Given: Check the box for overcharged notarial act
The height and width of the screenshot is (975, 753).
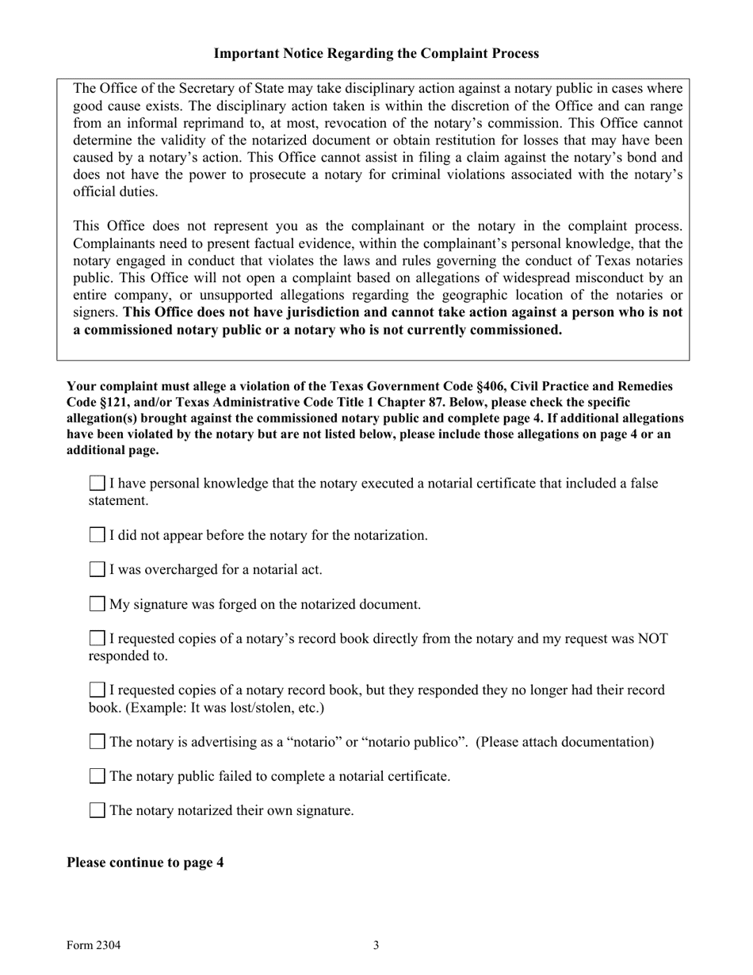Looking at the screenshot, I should click(x=97, y=569).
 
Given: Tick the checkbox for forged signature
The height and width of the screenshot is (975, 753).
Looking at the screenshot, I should click(x=97, y=604).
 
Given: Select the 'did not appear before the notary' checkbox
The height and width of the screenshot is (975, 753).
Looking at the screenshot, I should click(x=97, y=535).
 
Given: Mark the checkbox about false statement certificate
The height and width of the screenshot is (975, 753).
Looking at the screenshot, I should click(x=97, y=483).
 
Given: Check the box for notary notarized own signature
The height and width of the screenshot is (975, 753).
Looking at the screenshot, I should click(x=97, y=810).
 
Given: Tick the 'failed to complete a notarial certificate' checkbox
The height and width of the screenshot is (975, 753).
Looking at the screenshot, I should click(x=97, y=776).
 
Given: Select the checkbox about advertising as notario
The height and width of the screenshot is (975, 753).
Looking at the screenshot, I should click(x=97, y=742).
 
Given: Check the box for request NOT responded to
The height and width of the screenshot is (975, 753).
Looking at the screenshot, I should click(x=97, y=638).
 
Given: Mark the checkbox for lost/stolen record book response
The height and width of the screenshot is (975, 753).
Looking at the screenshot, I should click(x=97, y=690).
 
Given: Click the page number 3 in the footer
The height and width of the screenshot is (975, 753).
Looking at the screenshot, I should click(x=376, y=945).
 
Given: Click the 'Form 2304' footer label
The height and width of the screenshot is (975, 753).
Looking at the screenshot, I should click(x=94, y=945).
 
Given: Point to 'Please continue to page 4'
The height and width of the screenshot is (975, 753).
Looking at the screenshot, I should click(x=145, y=862).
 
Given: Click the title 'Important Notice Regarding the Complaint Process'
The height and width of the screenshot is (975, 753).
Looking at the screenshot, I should click(x=376, y=54).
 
